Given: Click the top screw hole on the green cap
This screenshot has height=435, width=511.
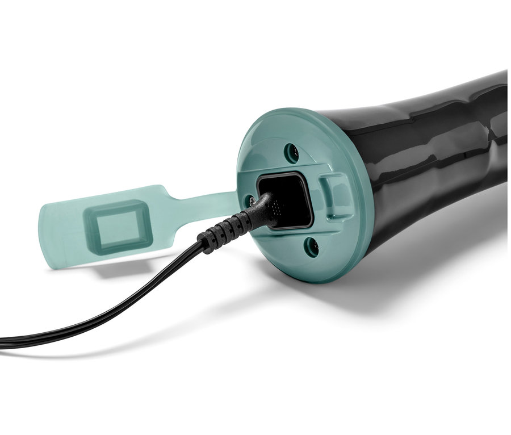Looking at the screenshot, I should click(x=291, y=152).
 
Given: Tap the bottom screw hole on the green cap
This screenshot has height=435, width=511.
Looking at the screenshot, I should click(x=309, y=246).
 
